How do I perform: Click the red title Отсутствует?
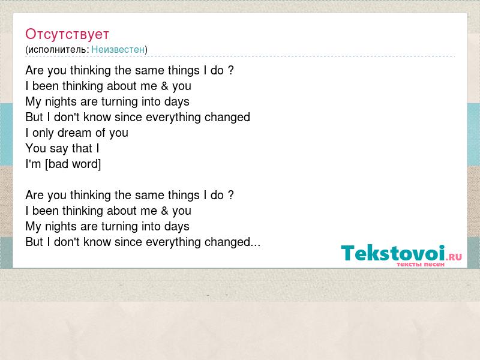[x=67, y=34]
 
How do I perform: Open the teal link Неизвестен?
[x=118, y=49]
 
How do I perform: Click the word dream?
[x=74, y=133]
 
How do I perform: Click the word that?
[x=82, y=148]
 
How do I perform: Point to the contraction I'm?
[x=33, y=164]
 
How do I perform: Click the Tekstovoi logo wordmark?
[x=393, y=253]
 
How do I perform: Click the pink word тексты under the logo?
[x=409, y=264]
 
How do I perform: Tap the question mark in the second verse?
[x=230, y=195]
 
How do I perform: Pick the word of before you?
[x=100, y=133]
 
